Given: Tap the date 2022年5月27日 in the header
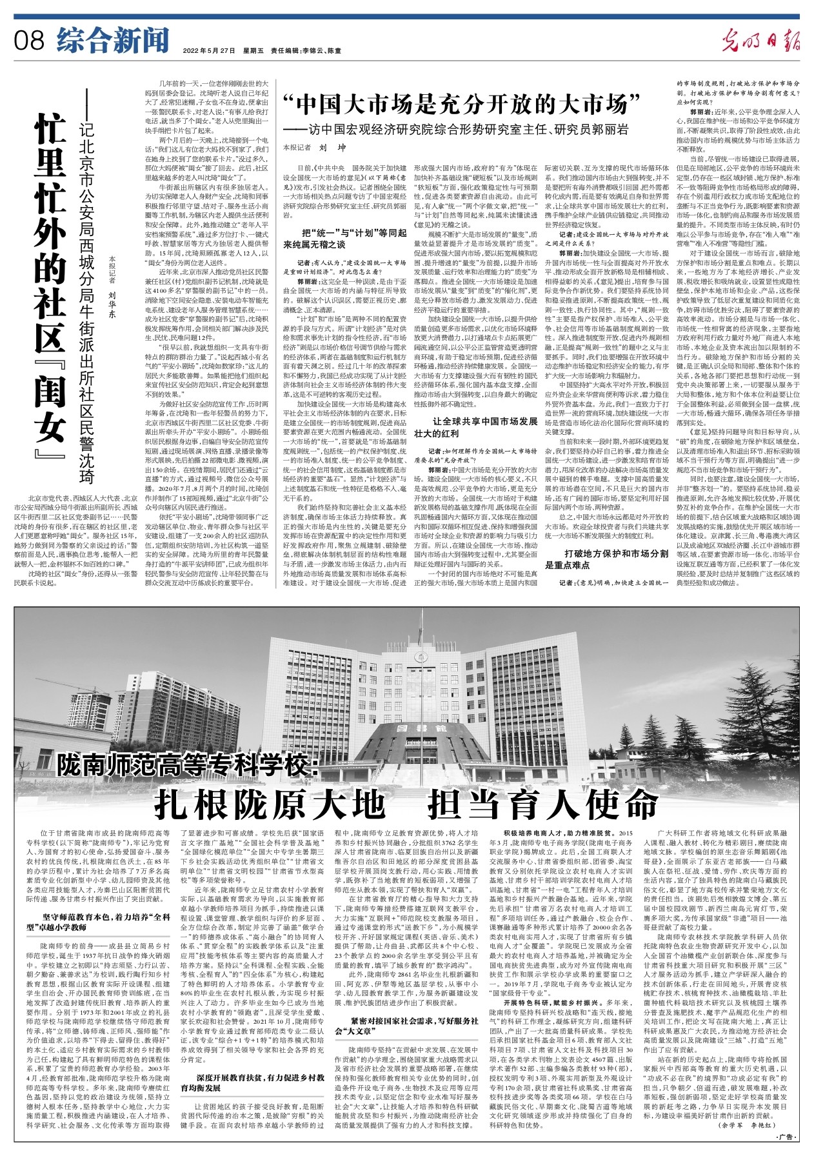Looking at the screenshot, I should click(x=209, y=50).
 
